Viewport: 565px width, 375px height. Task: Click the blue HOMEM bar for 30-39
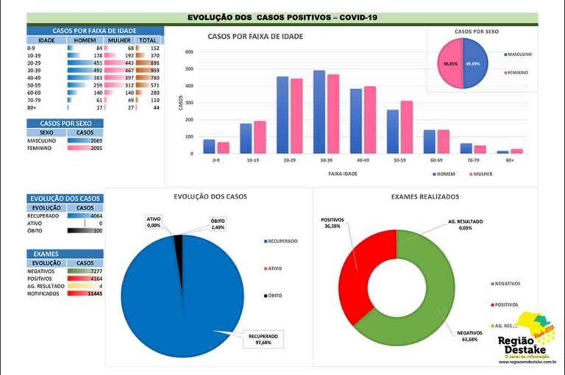click(x=319, y=112)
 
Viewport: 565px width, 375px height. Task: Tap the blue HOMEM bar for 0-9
click(x=209, y=146)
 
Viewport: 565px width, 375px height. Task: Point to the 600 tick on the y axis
click(x=189, y=52)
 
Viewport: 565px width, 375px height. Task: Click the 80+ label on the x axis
click(x=509, y=160)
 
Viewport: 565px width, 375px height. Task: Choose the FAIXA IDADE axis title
click(x=344, y=174)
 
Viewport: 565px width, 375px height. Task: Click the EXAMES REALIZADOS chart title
click(x=425, y=197)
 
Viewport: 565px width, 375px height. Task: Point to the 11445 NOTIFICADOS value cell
click(x=93, y=293)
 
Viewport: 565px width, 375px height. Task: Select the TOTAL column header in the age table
click(x=148, y=40)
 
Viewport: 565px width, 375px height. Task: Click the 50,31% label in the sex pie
click(x=450, y=64)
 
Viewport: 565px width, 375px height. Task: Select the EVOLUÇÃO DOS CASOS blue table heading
click(x=64, y=199)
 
